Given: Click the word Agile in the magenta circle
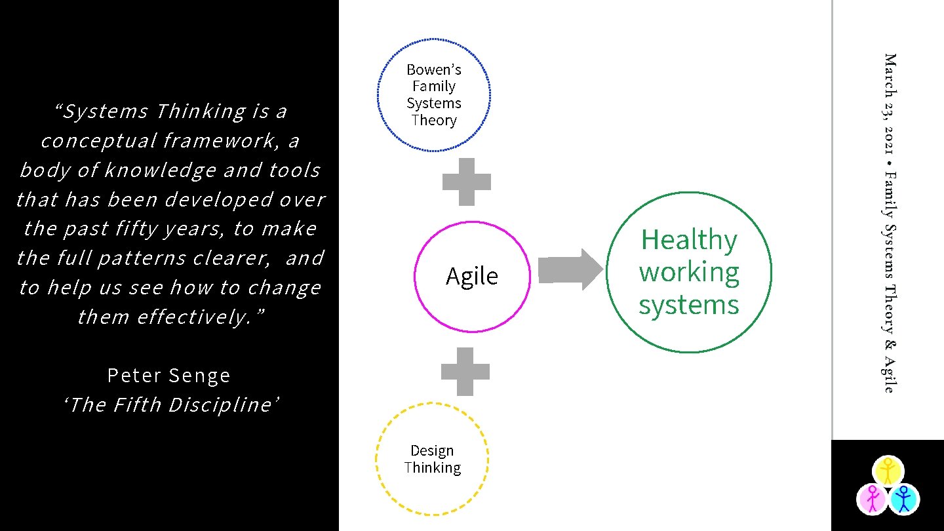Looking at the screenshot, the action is click(472, 276).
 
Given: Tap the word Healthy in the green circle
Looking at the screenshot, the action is click(688, 240).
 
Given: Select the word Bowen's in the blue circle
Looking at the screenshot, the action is click(433, 69).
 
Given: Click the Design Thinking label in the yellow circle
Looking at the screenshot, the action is click(433, 459).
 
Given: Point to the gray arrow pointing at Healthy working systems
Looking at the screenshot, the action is click(569, 269).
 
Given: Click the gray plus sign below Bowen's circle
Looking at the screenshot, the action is click(467, 182).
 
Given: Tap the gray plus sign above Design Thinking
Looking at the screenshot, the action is click(465, 372).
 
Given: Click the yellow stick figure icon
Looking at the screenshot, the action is click(888, 471).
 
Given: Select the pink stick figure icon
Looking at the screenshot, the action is click(872, 499).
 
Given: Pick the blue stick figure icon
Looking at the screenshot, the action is click(904, 499).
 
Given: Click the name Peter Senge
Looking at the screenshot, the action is click(169, 375).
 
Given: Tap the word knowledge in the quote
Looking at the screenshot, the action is click(160, 170).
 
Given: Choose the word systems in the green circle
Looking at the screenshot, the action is click(689, 305).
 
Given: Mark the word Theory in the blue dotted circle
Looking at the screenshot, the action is click(433, 121).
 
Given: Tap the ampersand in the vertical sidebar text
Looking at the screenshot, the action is click(889, 344).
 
